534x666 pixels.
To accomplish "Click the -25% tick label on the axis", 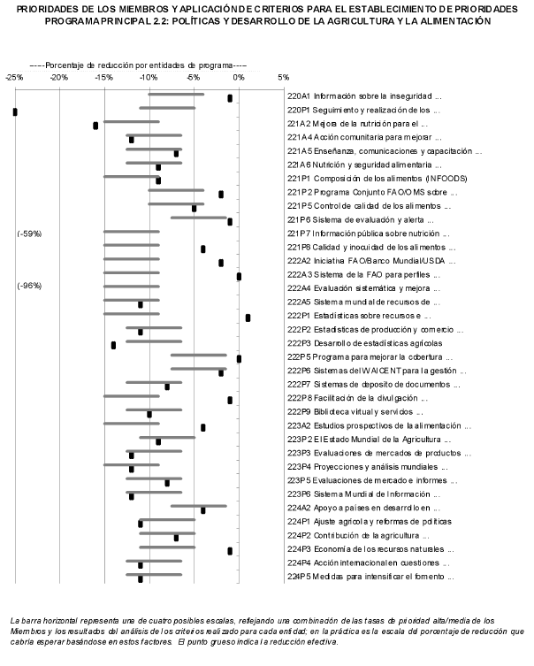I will [x=13, y=78].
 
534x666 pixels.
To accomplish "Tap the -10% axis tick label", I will [x=149, y=78].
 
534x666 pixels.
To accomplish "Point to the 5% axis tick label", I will [x=283, y=78].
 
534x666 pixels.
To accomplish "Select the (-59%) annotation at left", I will [x=29, y=234].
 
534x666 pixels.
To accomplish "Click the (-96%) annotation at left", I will [x=29, y=286].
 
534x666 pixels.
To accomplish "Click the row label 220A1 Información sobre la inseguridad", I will [x=363, y=95].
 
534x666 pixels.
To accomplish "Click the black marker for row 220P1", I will [x=15, y=111].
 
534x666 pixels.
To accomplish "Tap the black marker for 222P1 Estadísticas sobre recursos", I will [x=248, y=318].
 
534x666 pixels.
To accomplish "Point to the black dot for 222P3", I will [x=113, y=345].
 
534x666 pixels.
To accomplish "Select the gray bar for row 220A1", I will [x=176, y=95].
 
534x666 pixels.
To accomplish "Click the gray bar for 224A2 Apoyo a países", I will [x=198, y=506].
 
